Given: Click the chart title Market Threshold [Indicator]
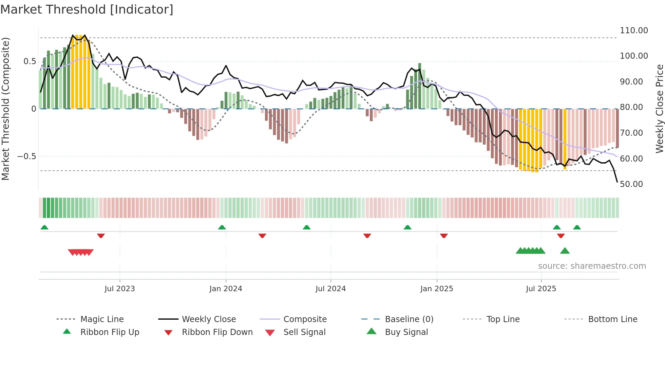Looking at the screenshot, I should pos(87,10).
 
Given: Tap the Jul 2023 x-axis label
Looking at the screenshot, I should pos(119,289).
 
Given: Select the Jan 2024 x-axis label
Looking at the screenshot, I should pos(226,289).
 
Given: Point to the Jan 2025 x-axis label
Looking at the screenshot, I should pos(437,289).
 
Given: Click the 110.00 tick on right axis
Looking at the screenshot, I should pos(634,31).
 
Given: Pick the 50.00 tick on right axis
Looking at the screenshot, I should pos(631,184).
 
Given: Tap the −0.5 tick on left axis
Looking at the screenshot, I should pos(27,156).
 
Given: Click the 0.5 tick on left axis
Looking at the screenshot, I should pos(30,61).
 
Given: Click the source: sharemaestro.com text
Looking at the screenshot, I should pos(592,266).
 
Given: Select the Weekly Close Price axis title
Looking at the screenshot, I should pos(659,109).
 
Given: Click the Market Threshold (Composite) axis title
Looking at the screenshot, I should pos(5,109).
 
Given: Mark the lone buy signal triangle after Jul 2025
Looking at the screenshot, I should pos(565,251).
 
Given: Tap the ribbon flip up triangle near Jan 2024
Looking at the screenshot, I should pos(222,227).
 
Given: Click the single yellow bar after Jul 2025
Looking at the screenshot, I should pos(565,139).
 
